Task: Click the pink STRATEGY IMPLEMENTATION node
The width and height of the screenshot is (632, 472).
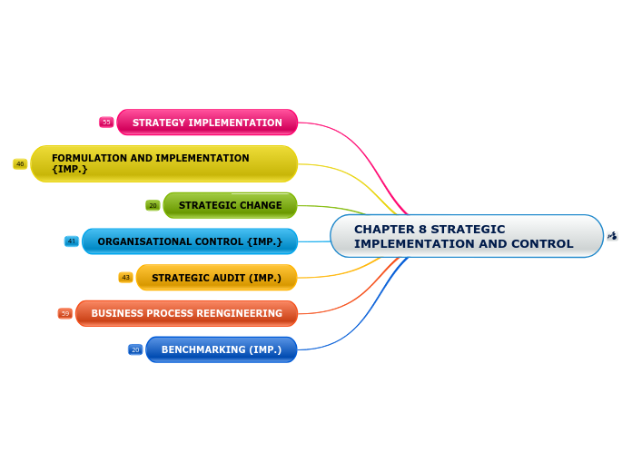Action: (x=207, y=123)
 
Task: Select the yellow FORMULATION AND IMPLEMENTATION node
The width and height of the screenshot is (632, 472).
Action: (x=164, y=163)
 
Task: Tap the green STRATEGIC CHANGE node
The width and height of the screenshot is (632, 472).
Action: (x=230, y=205)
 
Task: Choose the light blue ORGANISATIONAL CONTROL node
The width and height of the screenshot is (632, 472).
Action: (x=190, y=241)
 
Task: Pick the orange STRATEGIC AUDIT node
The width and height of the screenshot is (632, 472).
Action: (x=216, y=278)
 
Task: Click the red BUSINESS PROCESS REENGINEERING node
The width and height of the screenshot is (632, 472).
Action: (x=186, y=313)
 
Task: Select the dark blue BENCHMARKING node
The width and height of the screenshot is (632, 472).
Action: (x=221, y=349)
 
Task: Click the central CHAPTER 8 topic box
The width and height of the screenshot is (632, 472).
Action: (x=466, y=236)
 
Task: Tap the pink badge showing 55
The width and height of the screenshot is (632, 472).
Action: (x=106, y=123)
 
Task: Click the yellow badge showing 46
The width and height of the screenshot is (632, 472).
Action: (x=20, y=164)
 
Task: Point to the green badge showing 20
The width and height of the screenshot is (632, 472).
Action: (x=153, y=205)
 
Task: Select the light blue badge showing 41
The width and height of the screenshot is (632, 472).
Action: (x=72, y=241)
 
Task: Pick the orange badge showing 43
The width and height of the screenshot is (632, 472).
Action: (x=125, y=278)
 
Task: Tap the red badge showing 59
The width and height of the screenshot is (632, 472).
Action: (x=65, y=313)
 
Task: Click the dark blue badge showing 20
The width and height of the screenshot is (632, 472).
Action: (x=135, y=349)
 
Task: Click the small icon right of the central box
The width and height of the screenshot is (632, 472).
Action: (x=612, y=236)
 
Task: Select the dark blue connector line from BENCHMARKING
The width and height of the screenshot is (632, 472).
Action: (x=354, y=331)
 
